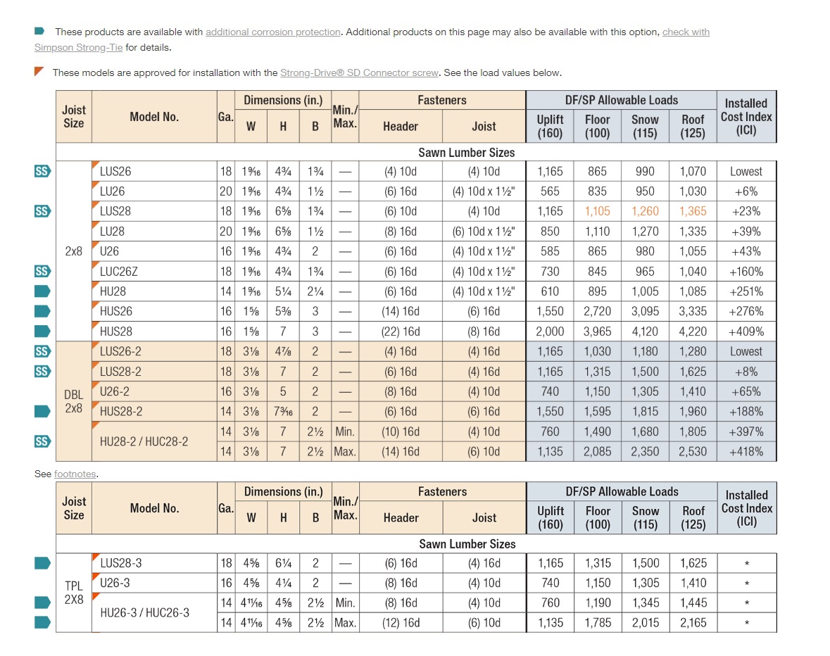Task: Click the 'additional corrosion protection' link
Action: coord(273,32)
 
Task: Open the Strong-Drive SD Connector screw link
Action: coord(359,73)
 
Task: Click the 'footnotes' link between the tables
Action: coord(75,474)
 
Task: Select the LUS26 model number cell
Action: coord(115,171)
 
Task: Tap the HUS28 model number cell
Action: coord(116,332)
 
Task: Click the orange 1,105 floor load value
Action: coord(597,211)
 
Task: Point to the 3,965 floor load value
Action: coord(597,332)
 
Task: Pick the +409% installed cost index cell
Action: coord(746,332)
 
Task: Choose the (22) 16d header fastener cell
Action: coord(401,332)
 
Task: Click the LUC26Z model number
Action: coord(119,272)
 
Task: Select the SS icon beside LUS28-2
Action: coord(42,372)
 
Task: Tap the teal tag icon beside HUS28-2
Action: coord(42,412)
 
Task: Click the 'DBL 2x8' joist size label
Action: coord(74,402)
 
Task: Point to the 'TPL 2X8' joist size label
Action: coord(74,593)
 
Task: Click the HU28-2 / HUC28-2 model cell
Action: coord(144,442)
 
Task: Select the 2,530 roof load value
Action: coord(693,452)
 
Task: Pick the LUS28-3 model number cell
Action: coord(120,563)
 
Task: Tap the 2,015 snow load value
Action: coord(645,623)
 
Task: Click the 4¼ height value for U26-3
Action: coord(283,583)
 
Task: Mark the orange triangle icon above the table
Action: coord(39,72)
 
